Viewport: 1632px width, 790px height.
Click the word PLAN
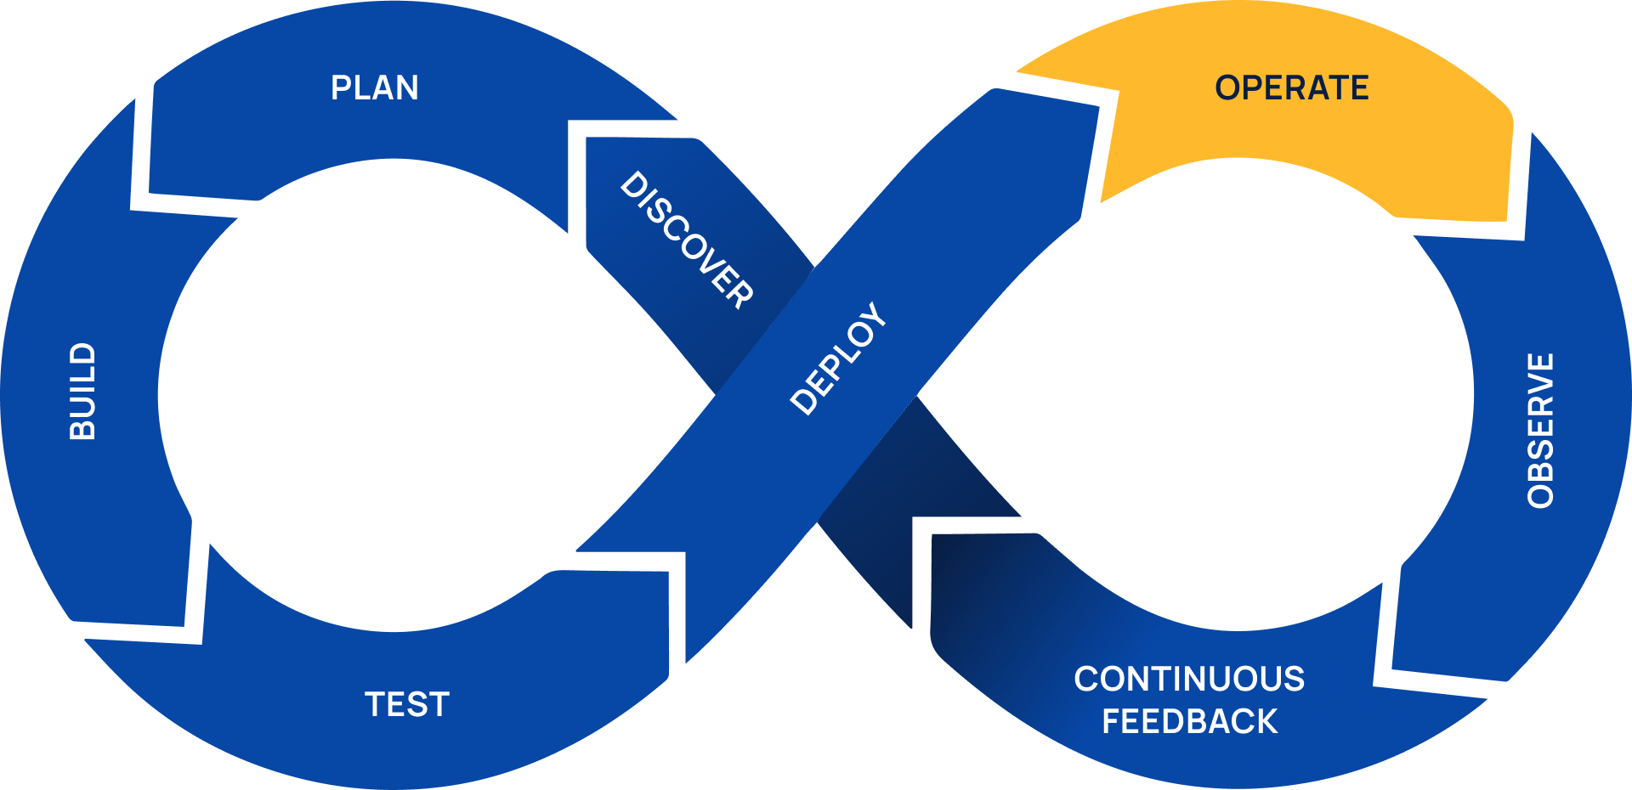[x=374, y=88]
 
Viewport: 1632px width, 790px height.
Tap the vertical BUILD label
[x=82, y=392]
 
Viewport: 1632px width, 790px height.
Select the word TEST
[x=407, y=705]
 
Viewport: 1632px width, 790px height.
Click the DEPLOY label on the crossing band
[x=838, y=358]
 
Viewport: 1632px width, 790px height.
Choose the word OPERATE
[x=1291, y=88]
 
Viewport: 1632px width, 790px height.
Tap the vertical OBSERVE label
[x=1541, y=431]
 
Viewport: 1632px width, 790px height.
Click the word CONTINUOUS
[x=1189, y=680]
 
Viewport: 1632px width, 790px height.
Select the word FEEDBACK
[x=1189, y=722]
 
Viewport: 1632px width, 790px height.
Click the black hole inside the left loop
[x=391, y=395]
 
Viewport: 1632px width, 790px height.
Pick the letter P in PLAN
[x=341, y=88]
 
